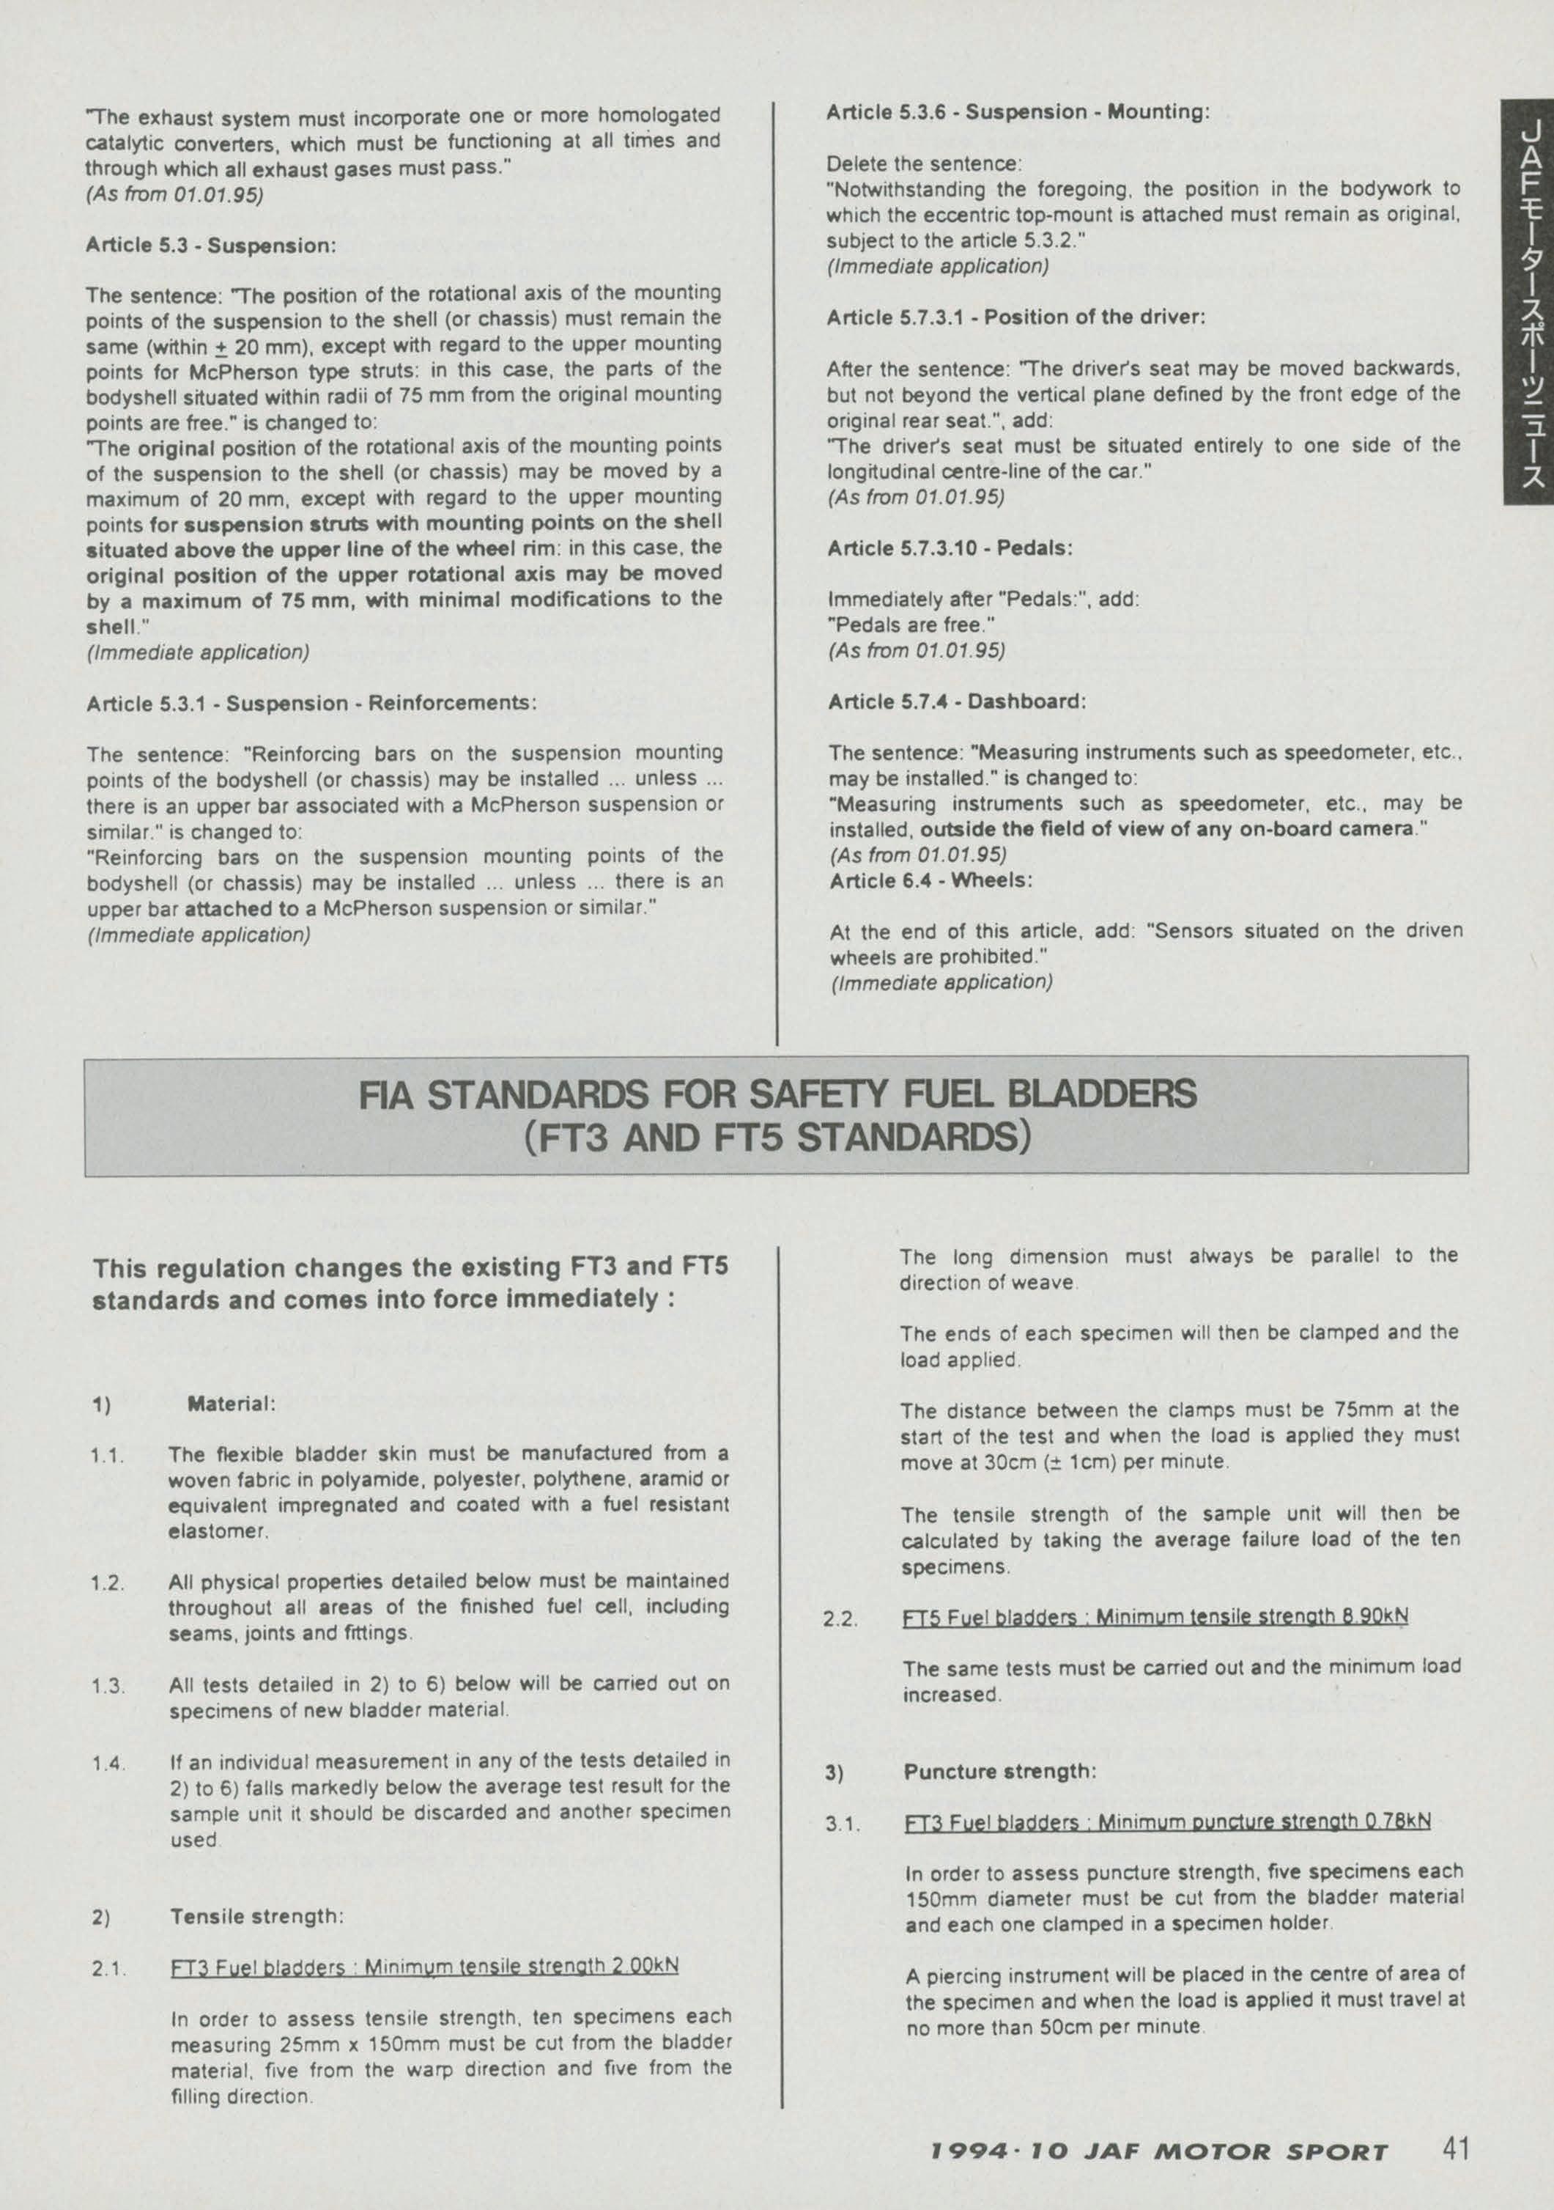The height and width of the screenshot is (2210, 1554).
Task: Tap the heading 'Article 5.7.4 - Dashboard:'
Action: click(x=956, y=701)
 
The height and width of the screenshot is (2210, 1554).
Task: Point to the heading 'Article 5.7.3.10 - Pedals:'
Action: click(x=950, y=548)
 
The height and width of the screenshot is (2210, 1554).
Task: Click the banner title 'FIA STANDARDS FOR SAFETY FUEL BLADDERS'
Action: click(x=777, y=1095)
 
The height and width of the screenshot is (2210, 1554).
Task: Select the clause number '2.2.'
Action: click(x=840, y=1619)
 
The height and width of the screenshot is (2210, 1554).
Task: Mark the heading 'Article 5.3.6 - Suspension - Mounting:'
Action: click(x=1017, y=111)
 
